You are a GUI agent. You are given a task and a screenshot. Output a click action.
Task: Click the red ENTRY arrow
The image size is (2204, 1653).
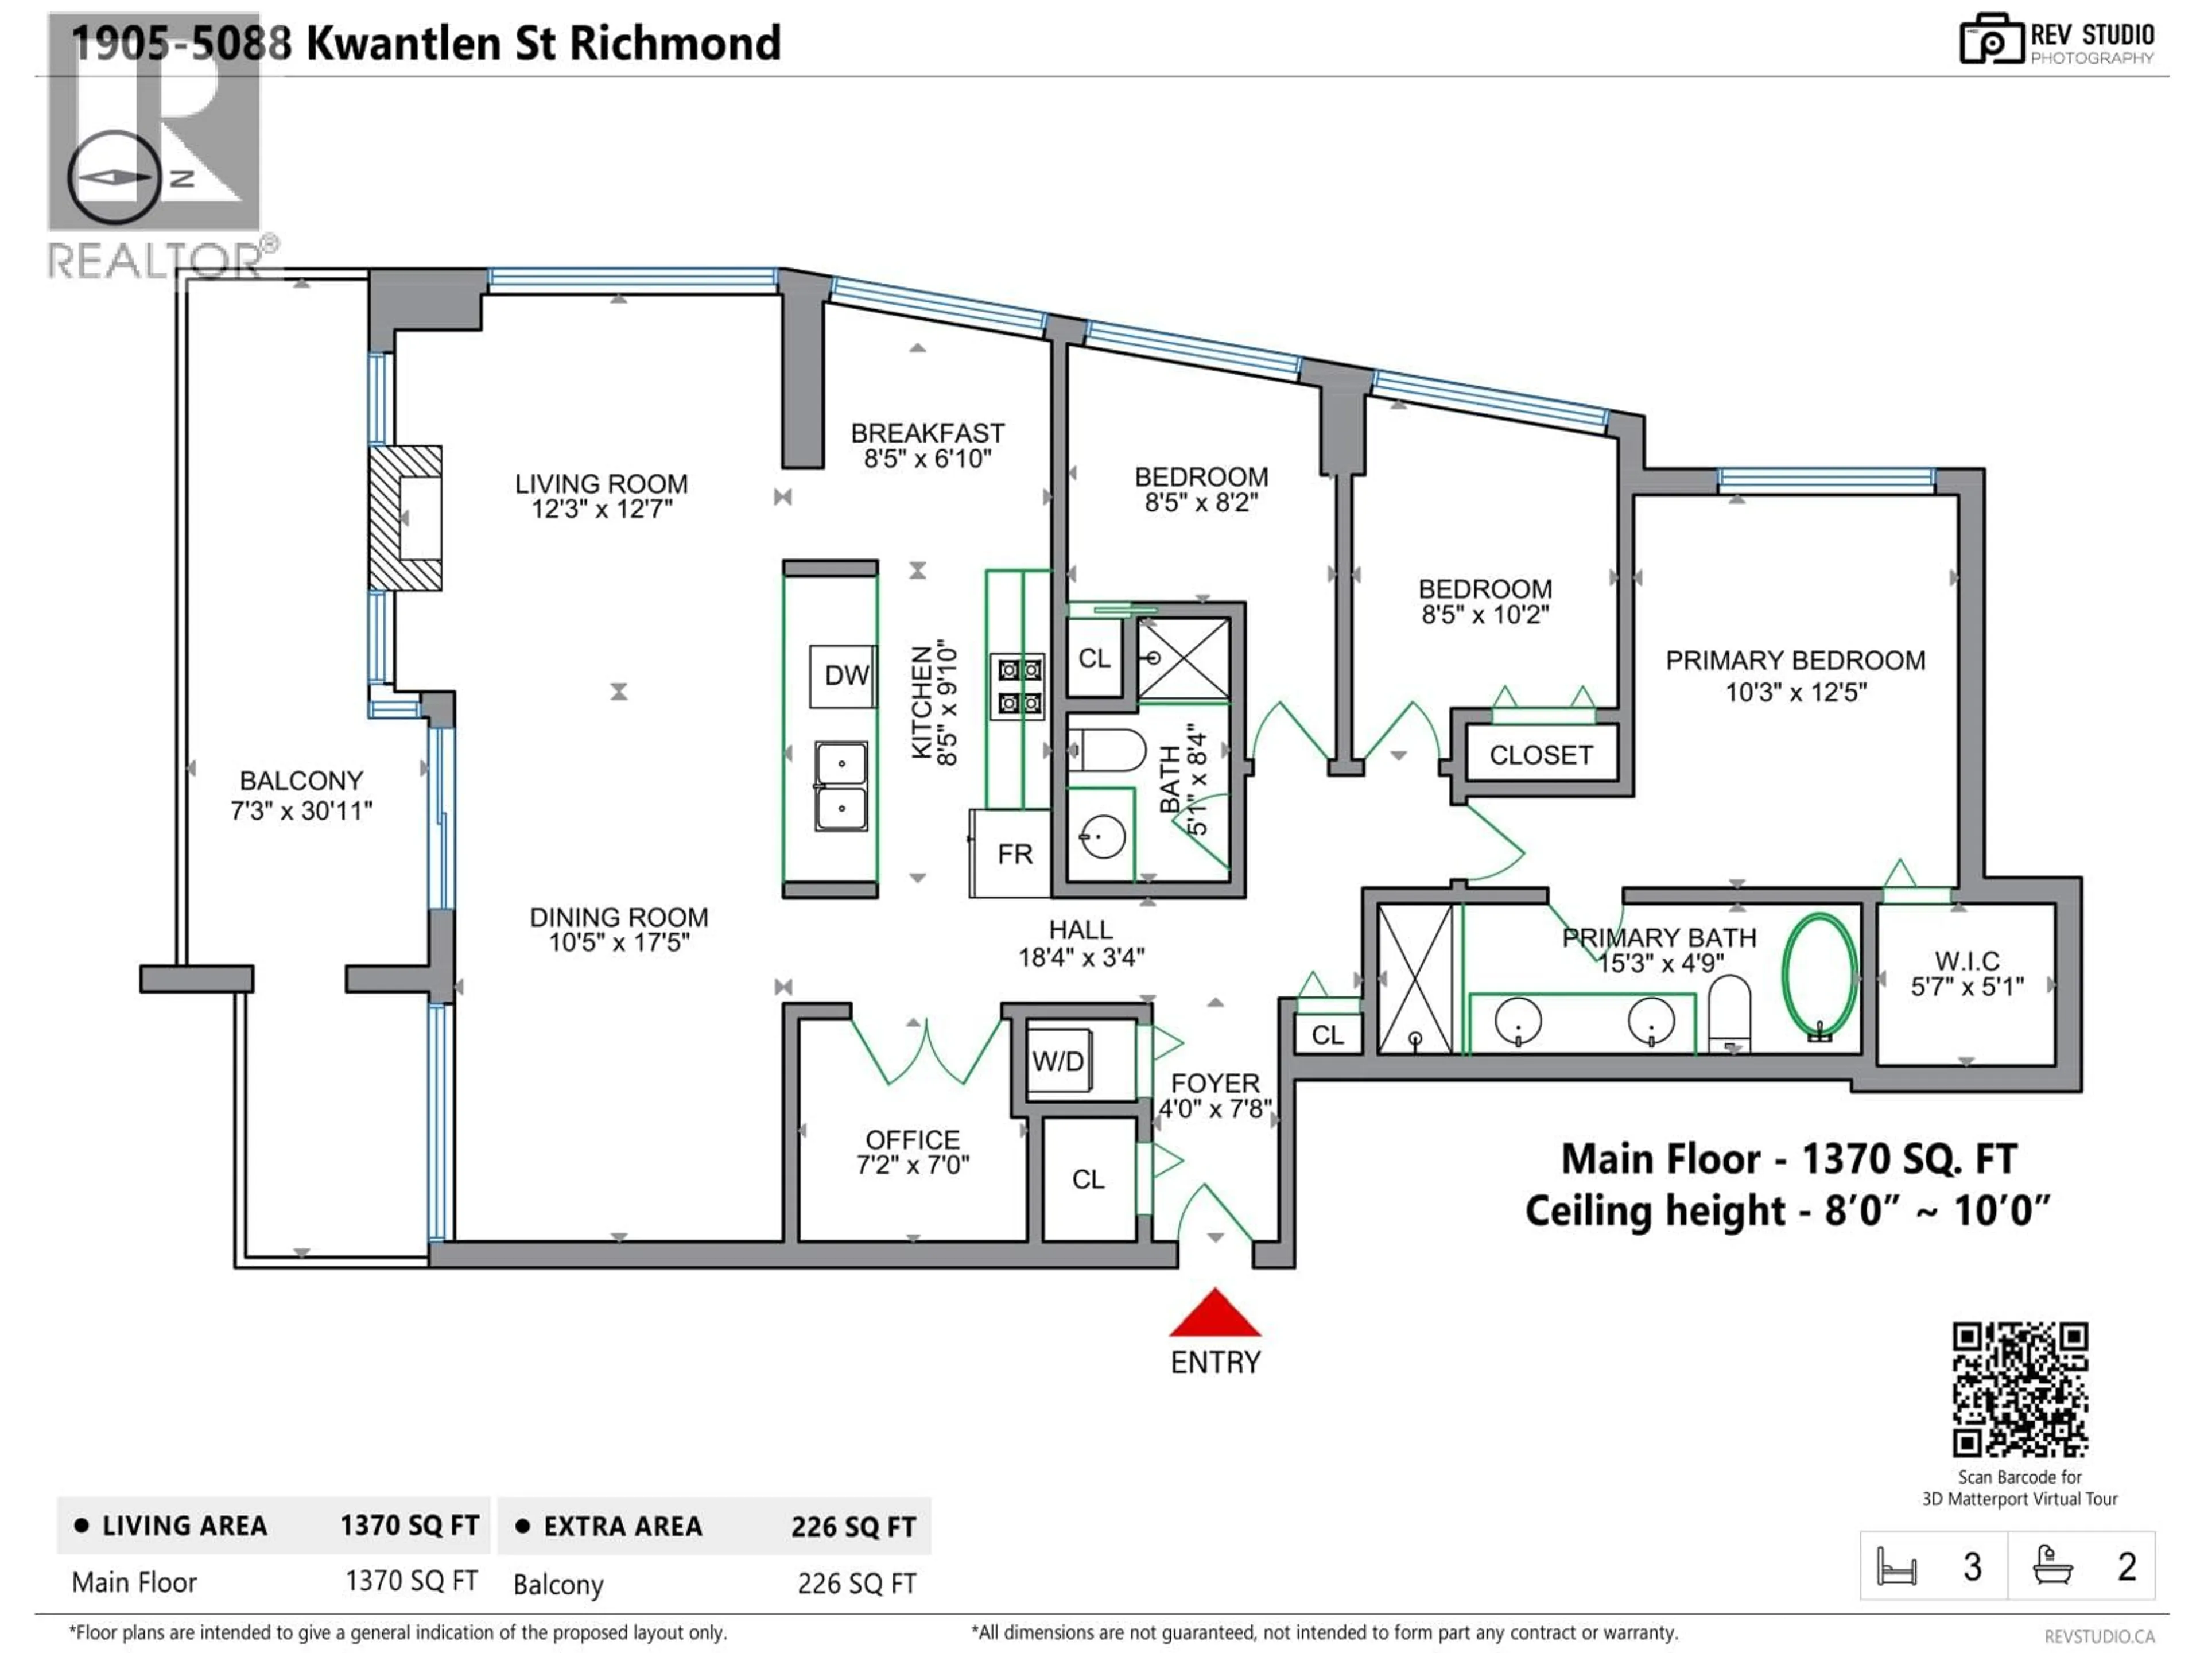(1214, 1313)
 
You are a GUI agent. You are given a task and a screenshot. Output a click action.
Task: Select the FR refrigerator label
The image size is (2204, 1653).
(1015, 854)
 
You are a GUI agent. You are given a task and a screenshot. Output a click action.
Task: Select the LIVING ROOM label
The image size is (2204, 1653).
(601, 484)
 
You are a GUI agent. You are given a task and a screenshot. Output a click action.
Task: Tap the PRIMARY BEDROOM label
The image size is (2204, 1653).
(1795, 661)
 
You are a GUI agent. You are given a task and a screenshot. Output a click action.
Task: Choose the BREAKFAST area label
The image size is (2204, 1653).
(928, 433)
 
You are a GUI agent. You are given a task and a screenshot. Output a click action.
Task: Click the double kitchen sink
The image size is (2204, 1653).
(841, 786)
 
